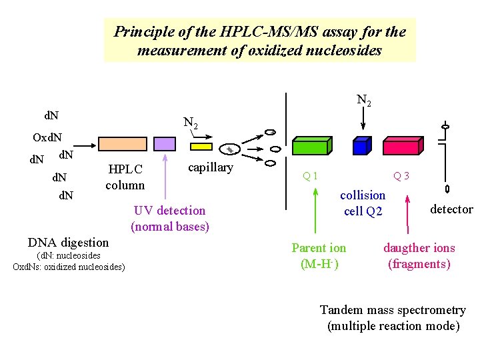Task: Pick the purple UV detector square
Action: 165,143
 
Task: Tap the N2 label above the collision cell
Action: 363,101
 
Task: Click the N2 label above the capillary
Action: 190,123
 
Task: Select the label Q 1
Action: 310,176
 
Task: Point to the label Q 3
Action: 401,176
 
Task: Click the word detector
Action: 451,209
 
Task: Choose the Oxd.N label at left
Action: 47,138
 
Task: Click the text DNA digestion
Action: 68,242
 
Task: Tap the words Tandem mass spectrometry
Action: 393,310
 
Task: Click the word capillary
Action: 211,167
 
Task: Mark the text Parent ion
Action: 319,248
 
